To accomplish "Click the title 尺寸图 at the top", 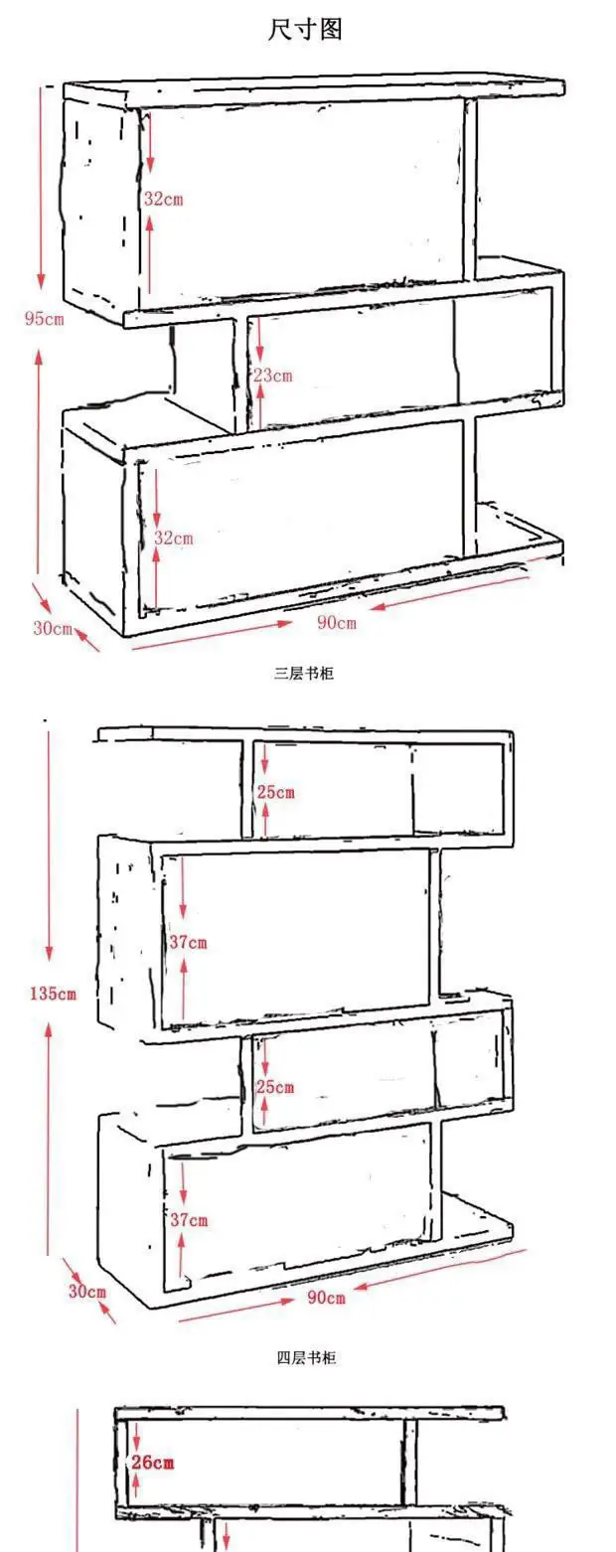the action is (x=305, y=30).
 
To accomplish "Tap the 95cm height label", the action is (x=44, y=319).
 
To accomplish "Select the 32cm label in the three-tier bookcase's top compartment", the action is (x=163, y=199).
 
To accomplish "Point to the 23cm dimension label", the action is (x=272, y=376).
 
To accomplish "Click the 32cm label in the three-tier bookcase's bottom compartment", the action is (x=173, y=538).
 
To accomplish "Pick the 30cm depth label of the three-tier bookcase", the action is (x=53, y=629).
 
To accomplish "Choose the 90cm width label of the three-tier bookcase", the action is (x=336, y=623).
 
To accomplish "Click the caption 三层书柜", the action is (x=304, y=674).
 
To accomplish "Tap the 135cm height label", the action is (x=52, y=993).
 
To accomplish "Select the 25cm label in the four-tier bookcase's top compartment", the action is (x=275, y=792).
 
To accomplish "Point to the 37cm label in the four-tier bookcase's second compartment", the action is (x=188, y=942).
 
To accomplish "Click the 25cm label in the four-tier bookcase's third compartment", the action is (x=275, y=1087).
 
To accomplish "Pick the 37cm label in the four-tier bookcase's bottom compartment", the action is (x=188, y=1219).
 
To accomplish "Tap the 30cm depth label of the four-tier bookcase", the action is (x=86, y=1291).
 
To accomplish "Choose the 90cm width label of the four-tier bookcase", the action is (x=326, y=1298).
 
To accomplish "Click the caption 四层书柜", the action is (x=306, y=1357).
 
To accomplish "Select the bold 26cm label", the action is (x=153, y=1462).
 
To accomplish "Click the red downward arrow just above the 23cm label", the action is (x=259, y=341).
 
